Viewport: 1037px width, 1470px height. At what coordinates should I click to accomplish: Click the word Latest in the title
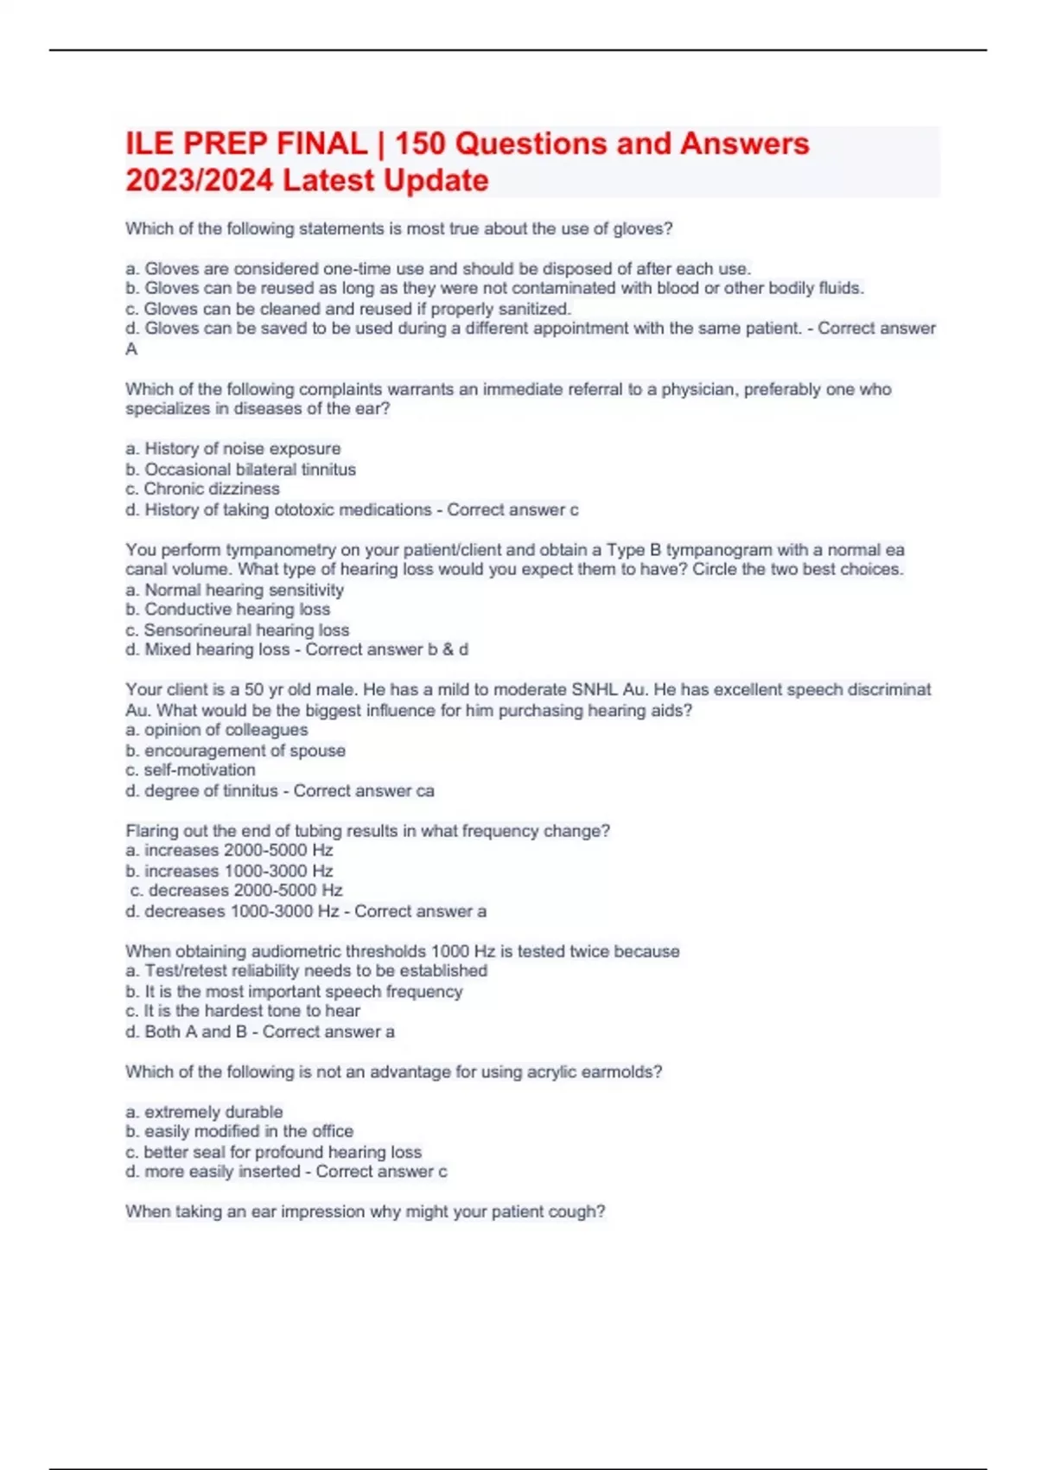[x=329, y=181]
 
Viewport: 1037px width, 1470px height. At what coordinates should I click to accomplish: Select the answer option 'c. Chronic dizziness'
[x=202, y=489]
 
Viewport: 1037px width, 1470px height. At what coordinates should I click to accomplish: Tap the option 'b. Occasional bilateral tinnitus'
[x=240, y=470]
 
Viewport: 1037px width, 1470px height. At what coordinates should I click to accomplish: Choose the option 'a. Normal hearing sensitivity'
[x=234, y=590]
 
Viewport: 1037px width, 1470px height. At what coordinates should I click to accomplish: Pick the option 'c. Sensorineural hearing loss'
[x=237, y=630]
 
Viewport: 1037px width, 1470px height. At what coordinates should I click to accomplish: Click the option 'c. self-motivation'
[x=190, y=770]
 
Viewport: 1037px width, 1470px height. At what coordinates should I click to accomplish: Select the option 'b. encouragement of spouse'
[x=235, y=751]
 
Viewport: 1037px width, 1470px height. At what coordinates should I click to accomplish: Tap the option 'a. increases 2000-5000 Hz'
[x=229, y=850]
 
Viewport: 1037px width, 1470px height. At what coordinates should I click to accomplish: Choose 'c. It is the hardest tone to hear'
[x=242, y=1011]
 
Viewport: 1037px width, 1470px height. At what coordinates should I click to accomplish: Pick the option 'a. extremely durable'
[x=204, y=1112]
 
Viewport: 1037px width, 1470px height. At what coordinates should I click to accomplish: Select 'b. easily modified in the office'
[x=239, y=1131]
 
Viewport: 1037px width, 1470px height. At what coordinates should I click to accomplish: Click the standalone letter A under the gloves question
[x=131, y=349]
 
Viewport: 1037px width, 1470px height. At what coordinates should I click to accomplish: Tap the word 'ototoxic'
[x=303, y=510]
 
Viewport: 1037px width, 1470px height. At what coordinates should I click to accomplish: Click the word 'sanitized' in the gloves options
[x=535, y=309]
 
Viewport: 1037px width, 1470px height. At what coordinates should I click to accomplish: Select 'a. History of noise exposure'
[x=232, y=449]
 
